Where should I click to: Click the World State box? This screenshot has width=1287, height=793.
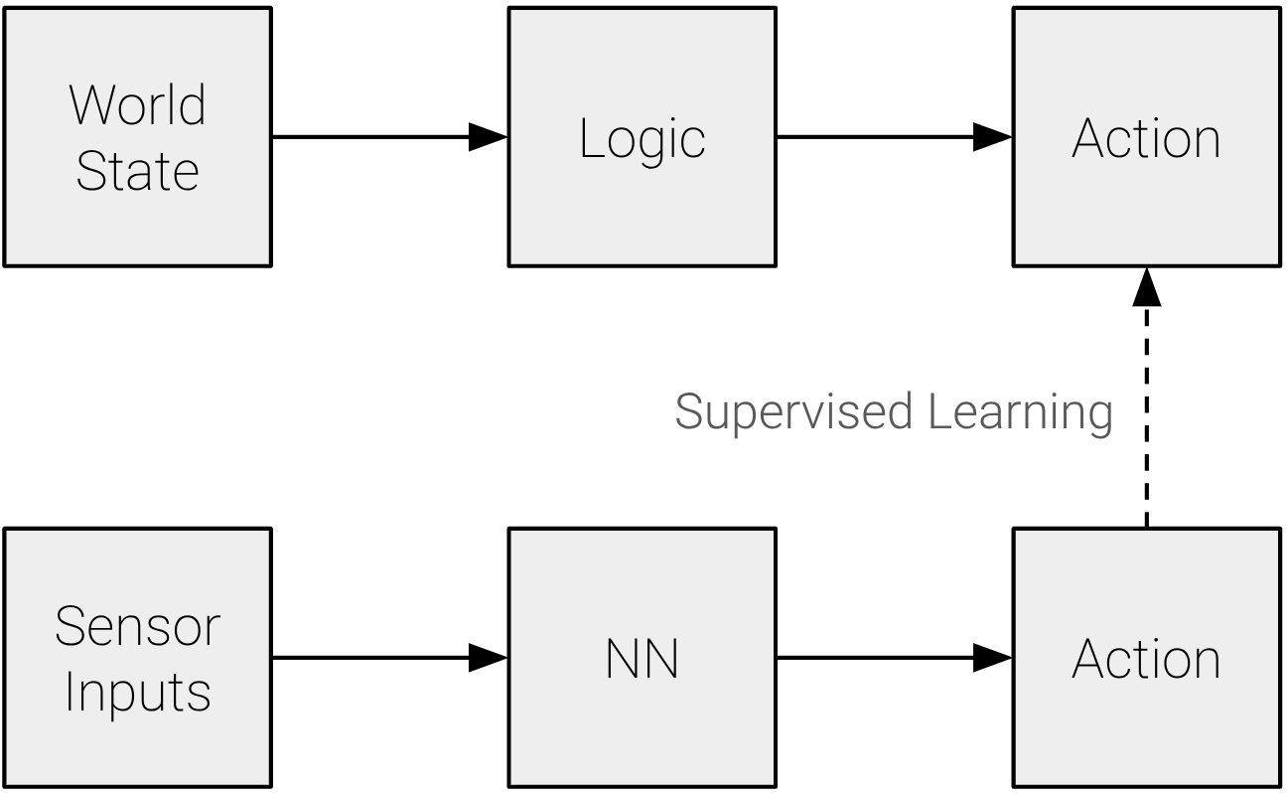point(137,137)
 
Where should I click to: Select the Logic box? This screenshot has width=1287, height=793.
point(642,137)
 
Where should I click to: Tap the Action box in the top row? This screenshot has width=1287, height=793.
point(1146,137)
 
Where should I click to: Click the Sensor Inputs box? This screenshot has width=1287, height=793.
point(137,658)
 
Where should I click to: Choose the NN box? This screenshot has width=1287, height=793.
point(642,658)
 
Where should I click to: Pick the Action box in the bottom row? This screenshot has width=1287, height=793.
point(1146,658)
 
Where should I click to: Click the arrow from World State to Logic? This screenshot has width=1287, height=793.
point(377,137)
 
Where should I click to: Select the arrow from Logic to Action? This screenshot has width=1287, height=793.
point(884,137)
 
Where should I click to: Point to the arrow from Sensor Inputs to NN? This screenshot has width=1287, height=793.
point(377,658)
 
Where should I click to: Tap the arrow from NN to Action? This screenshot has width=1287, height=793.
point(884,658)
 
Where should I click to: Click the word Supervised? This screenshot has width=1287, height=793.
point(793,412)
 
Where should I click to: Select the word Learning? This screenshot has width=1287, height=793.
point(1020,412)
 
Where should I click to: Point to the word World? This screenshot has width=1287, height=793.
point(137,104)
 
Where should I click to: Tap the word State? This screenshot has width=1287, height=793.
point(137,171)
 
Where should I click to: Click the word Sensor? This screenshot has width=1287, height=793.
point(137,626)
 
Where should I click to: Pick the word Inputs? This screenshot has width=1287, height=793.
point(137,692)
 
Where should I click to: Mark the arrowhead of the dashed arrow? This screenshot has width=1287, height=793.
point(1147,287)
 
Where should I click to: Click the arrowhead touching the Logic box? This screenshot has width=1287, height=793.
point(488,137)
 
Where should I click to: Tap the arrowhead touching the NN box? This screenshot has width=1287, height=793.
point(488,658)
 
